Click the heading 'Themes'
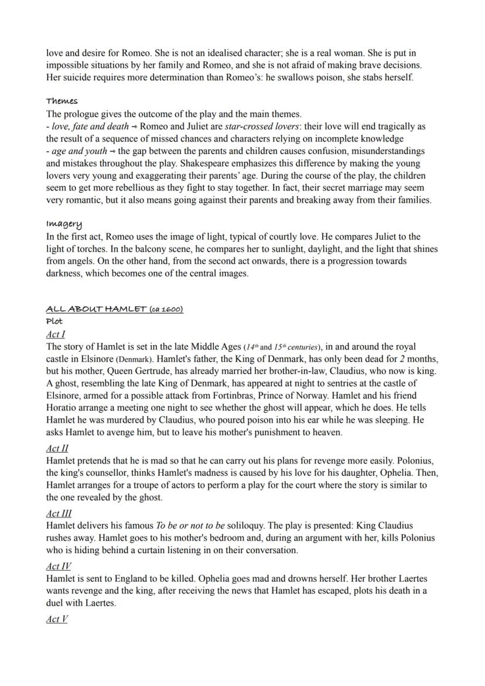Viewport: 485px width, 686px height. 62,101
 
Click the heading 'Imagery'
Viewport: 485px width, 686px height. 64,224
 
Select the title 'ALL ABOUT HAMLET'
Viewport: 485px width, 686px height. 96,309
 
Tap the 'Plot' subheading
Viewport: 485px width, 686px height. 54,321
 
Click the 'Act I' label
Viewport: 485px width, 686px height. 56,335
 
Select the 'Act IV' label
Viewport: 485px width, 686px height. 59,566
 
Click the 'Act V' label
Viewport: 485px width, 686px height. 57,618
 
